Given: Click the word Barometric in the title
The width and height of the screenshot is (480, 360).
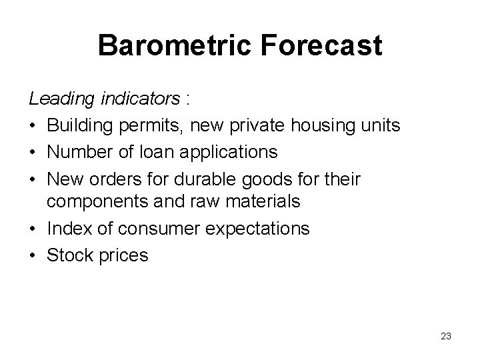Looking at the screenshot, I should click(x=173, y=47).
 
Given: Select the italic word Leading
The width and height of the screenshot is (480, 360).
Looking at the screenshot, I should click(x=62, y=99).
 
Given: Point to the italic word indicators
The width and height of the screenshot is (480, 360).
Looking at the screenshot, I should click(x=141, y=99).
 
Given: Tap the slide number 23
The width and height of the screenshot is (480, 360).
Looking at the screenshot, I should click(x=446, y=336).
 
